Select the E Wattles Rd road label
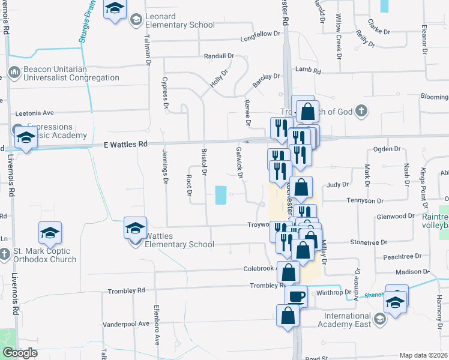click(x=125, y=145)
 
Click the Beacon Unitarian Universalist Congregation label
click(x=71, y=74)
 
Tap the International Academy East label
click(x=348, y=320)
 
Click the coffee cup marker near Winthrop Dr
click(x=296, y=296)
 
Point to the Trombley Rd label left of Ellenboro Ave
click(x=127, y=292)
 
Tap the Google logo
click(x=20, y=353)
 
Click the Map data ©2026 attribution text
click(x=423, y=355)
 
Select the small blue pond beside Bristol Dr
click(x=221, y=194)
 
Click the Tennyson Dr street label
click(x=364, y=200)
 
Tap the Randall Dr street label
click(x=218, y=56)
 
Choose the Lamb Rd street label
click(x=309, y=71)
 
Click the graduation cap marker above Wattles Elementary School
click(x=136, y=228)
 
